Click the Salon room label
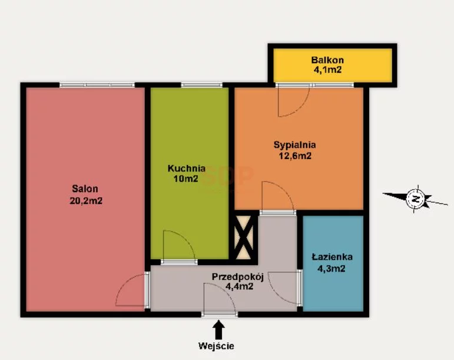click(x=85, y=189)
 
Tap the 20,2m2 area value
click(x=86, y=200)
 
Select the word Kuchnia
click(x=187, y=169)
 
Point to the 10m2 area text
click(x=186, y=179)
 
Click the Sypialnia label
click(x=295, y=145)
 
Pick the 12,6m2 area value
click(x=295, y=156)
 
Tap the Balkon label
click(x=327, y=60)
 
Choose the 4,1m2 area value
click(x=328, y=70)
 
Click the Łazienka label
click(x=332, y=257)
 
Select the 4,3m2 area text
click(x=332, y=269)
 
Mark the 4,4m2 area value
click(x=240, y=286)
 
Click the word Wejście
click(x=216, y=346)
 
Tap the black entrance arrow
click(x=218, y=329)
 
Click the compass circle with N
click(x=416, y=199)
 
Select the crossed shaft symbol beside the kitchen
click(x=244, y=237)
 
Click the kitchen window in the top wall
click(x=202, y=85)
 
